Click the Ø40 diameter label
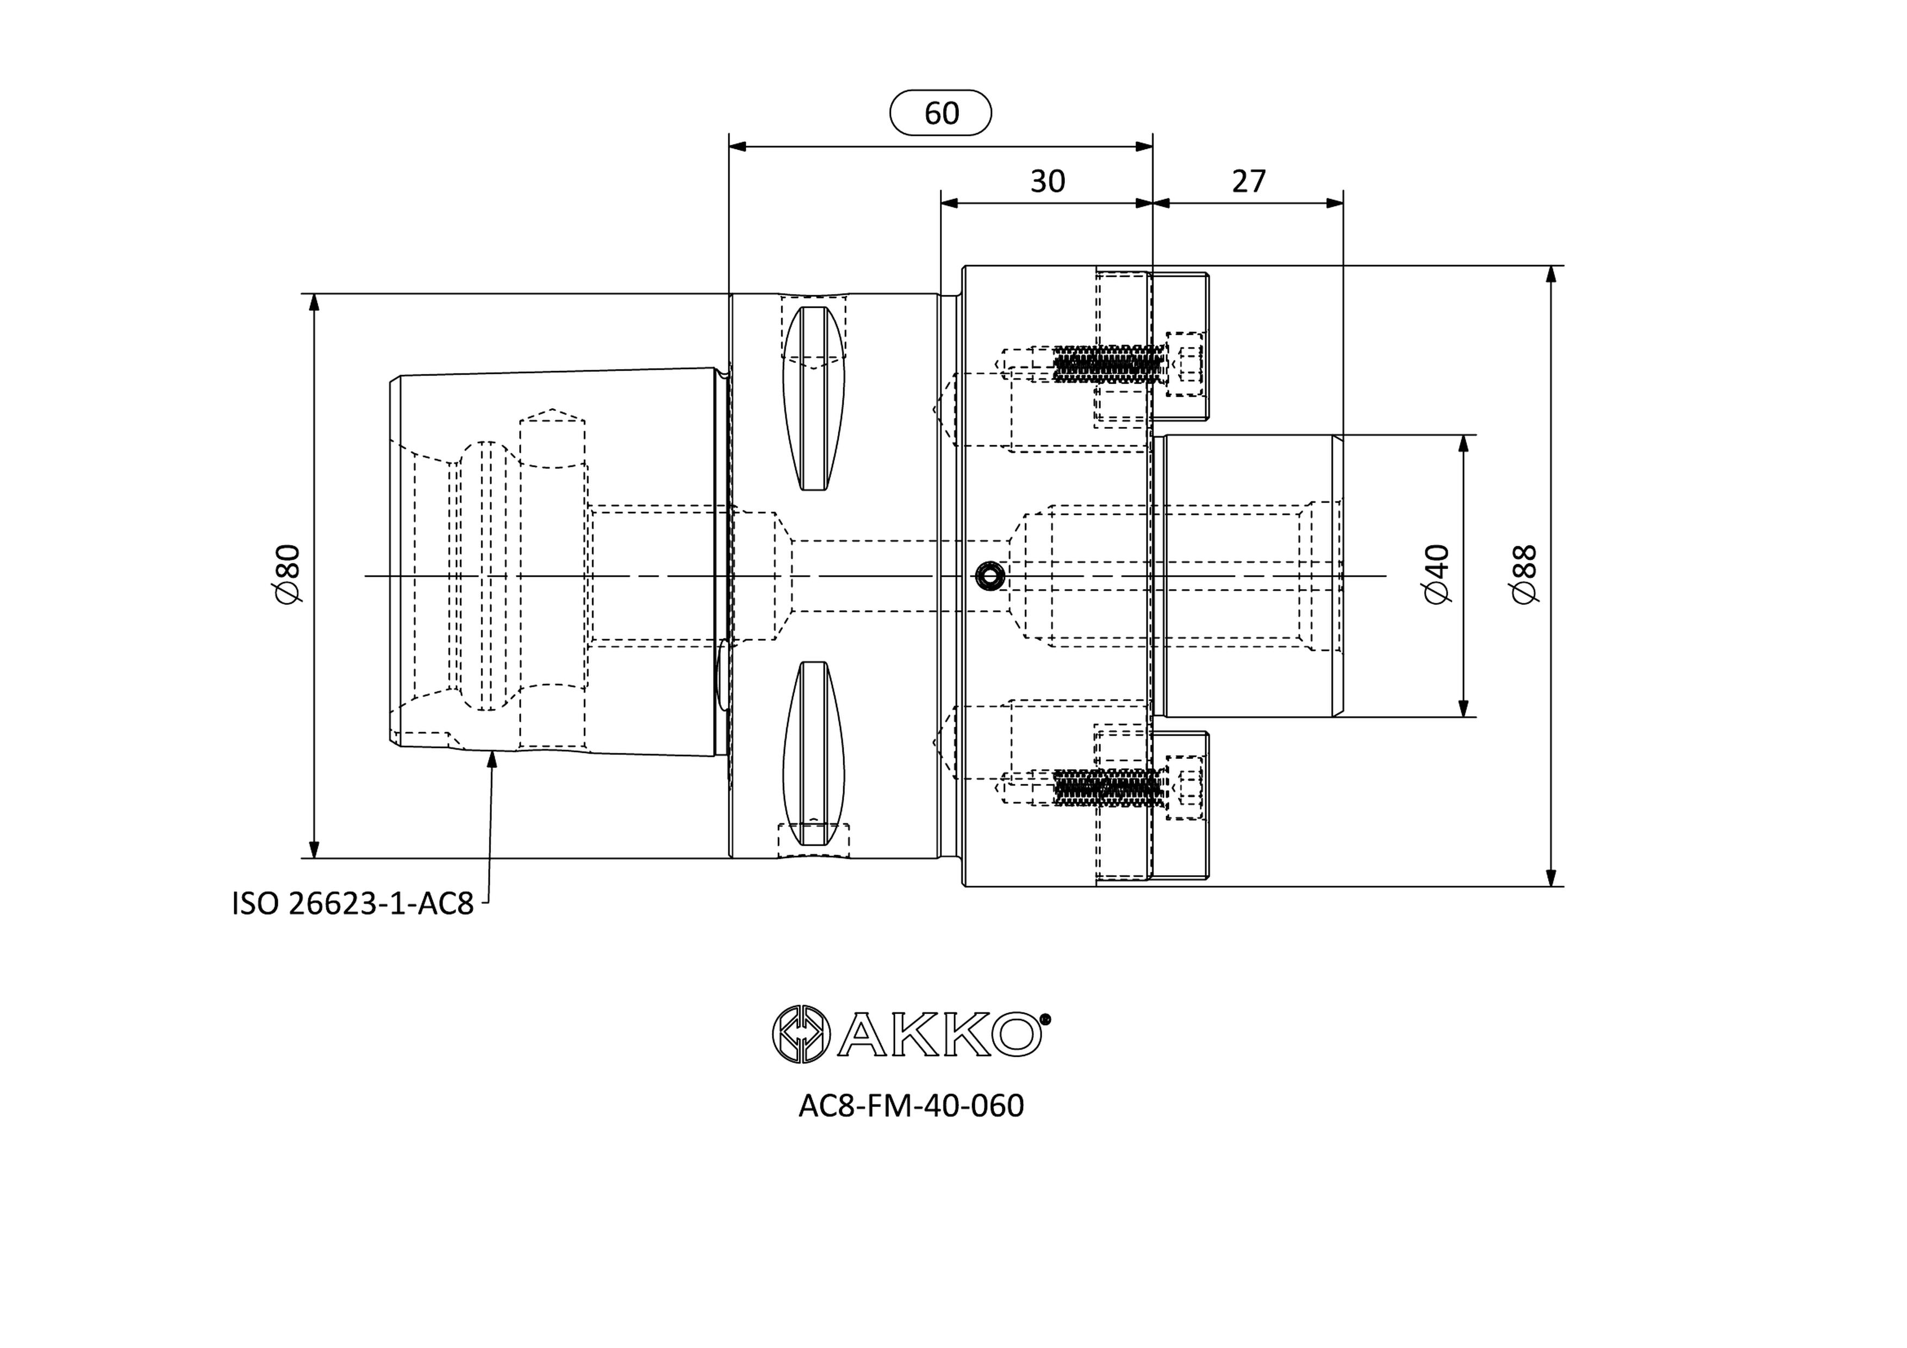point(1436,574)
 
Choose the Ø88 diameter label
point(1525,574)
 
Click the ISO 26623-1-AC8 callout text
point(352,904)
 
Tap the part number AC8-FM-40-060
point(911,1106)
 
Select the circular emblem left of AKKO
point(801,1034)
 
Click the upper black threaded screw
point(1107,364)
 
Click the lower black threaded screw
point(1107,788)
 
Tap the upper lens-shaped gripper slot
point(814,398)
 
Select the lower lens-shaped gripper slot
point(814,754)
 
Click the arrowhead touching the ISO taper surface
point(492,759)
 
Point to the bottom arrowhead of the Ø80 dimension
point(314,849)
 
